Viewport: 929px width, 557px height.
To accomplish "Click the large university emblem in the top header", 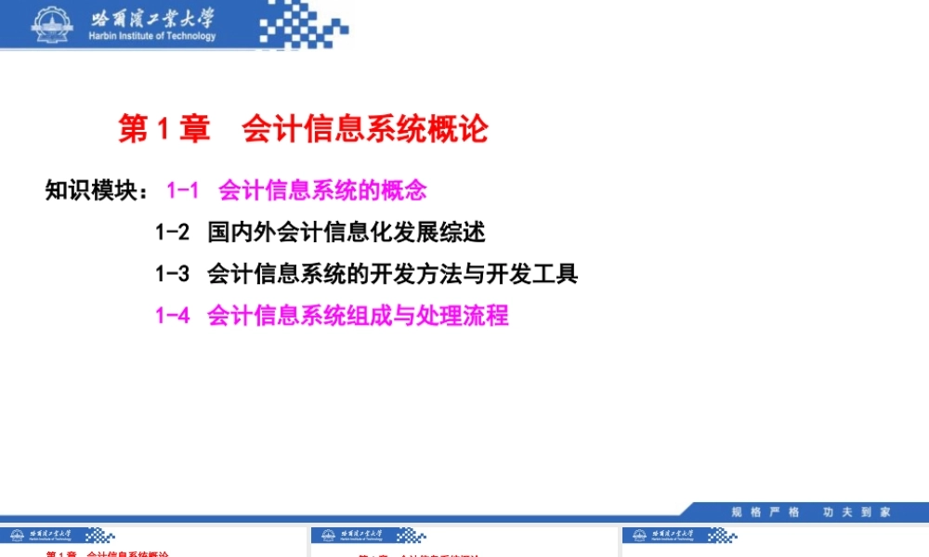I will coord(55,23).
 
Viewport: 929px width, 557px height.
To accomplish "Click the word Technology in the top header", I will coord(188,37).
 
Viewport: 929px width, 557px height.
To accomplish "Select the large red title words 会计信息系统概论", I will coord(364,130).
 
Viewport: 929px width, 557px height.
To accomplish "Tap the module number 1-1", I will coord(183,190).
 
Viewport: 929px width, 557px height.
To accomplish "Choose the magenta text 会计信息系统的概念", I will coord(322,190).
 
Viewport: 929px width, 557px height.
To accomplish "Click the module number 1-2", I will coord(172,231).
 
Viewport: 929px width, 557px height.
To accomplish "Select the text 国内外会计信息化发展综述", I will coord(346,231).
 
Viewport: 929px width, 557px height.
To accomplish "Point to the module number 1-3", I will coord(172,273).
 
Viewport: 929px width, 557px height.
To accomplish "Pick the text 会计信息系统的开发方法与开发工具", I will coord(392,273).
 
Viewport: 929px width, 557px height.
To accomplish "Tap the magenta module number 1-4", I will coord(172,316).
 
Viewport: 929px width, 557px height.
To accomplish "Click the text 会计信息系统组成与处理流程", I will coord(358,316).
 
